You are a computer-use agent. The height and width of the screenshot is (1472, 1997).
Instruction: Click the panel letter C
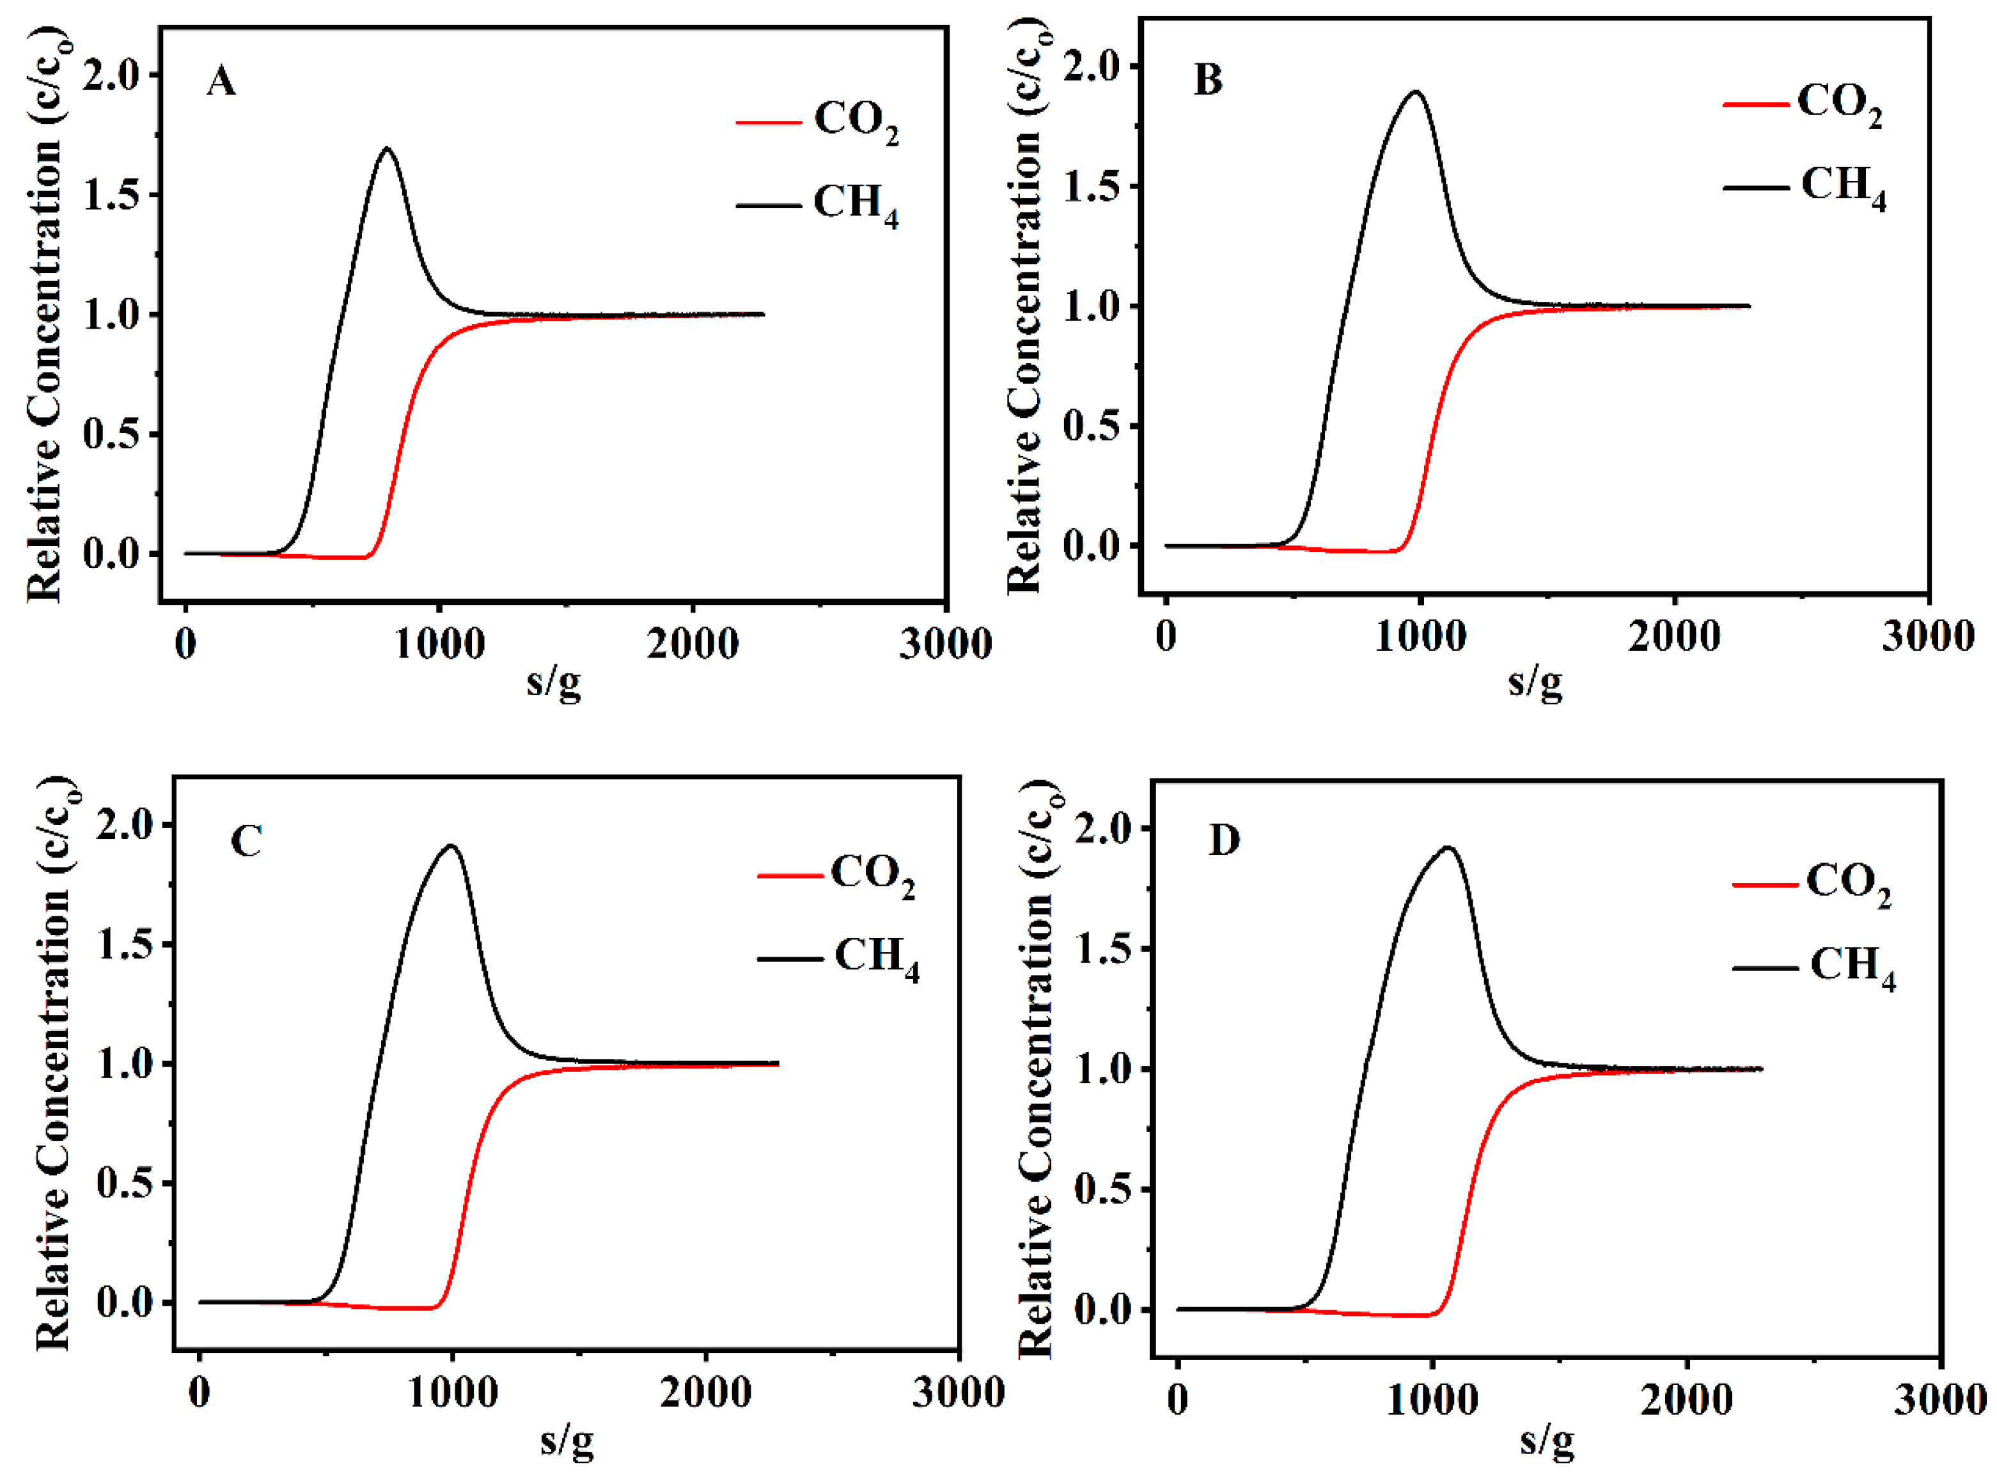(246, 840)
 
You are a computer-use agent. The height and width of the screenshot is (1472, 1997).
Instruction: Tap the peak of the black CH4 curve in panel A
(387, 149)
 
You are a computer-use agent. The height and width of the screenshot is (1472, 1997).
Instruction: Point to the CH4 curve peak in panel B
(1415, 92)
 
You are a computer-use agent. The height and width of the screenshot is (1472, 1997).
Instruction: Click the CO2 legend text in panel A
(856, 120)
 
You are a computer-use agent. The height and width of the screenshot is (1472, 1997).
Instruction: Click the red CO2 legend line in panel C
(790, 876)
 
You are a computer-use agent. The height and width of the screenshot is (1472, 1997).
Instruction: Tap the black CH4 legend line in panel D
(1764, 967)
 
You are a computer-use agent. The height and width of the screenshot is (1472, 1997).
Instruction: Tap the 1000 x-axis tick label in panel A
(439, 643)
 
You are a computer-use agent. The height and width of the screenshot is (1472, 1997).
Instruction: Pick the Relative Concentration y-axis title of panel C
(54, 1065)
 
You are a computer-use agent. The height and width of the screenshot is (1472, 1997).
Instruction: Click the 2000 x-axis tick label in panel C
(706, 1393)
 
